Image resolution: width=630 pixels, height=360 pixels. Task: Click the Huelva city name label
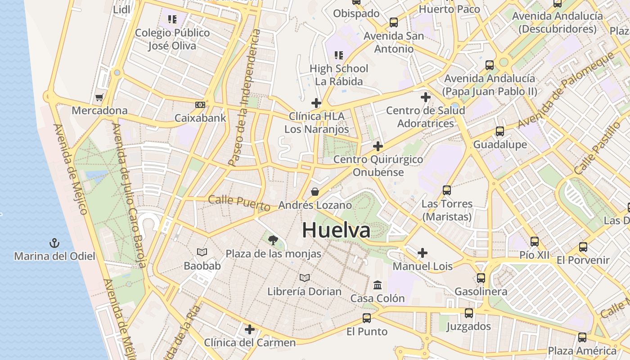tap(336, 230)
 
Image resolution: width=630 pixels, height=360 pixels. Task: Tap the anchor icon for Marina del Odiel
tap(54, 243)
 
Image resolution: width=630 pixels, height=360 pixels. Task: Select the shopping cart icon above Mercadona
tap(99, 97)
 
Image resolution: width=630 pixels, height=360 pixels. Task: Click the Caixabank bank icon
tap(200, 105)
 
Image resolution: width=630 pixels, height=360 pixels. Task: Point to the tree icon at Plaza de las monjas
tap(273, 240)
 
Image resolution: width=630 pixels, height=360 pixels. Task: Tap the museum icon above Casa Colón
tap(378, 285)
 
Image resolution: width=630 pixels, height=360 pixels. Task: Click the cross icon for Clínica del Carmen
tap(250, 329)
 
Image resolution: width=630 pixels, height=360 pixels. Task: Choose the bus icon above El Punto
tap(367, 318)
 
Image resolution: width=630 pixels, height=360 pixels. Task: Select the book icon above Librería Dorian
tap(305, 278)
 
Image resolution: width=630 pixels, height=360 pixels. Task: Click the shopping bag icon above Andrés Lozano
tap(315, 192)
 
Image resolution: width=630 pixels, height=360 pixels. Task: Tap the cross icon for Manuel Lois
tap(423, 253)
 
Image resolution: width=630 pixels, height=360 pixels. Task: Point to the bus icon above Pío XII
tap(535, 242)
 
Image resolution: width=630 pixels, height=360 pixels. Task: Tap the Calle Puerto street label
tap(239, 203)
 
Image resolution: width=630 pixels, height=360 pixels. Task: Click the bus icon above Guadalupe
tap(500, 131)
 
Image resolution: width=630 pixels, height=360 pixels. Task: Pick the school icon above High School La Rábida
tap(339, 55)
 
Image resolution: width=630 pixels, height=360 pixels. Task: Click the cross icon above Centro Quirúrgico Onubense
tap(378, 146)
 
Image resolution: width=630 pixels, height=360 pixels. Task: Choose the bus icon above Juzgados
tap(469, 313)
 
